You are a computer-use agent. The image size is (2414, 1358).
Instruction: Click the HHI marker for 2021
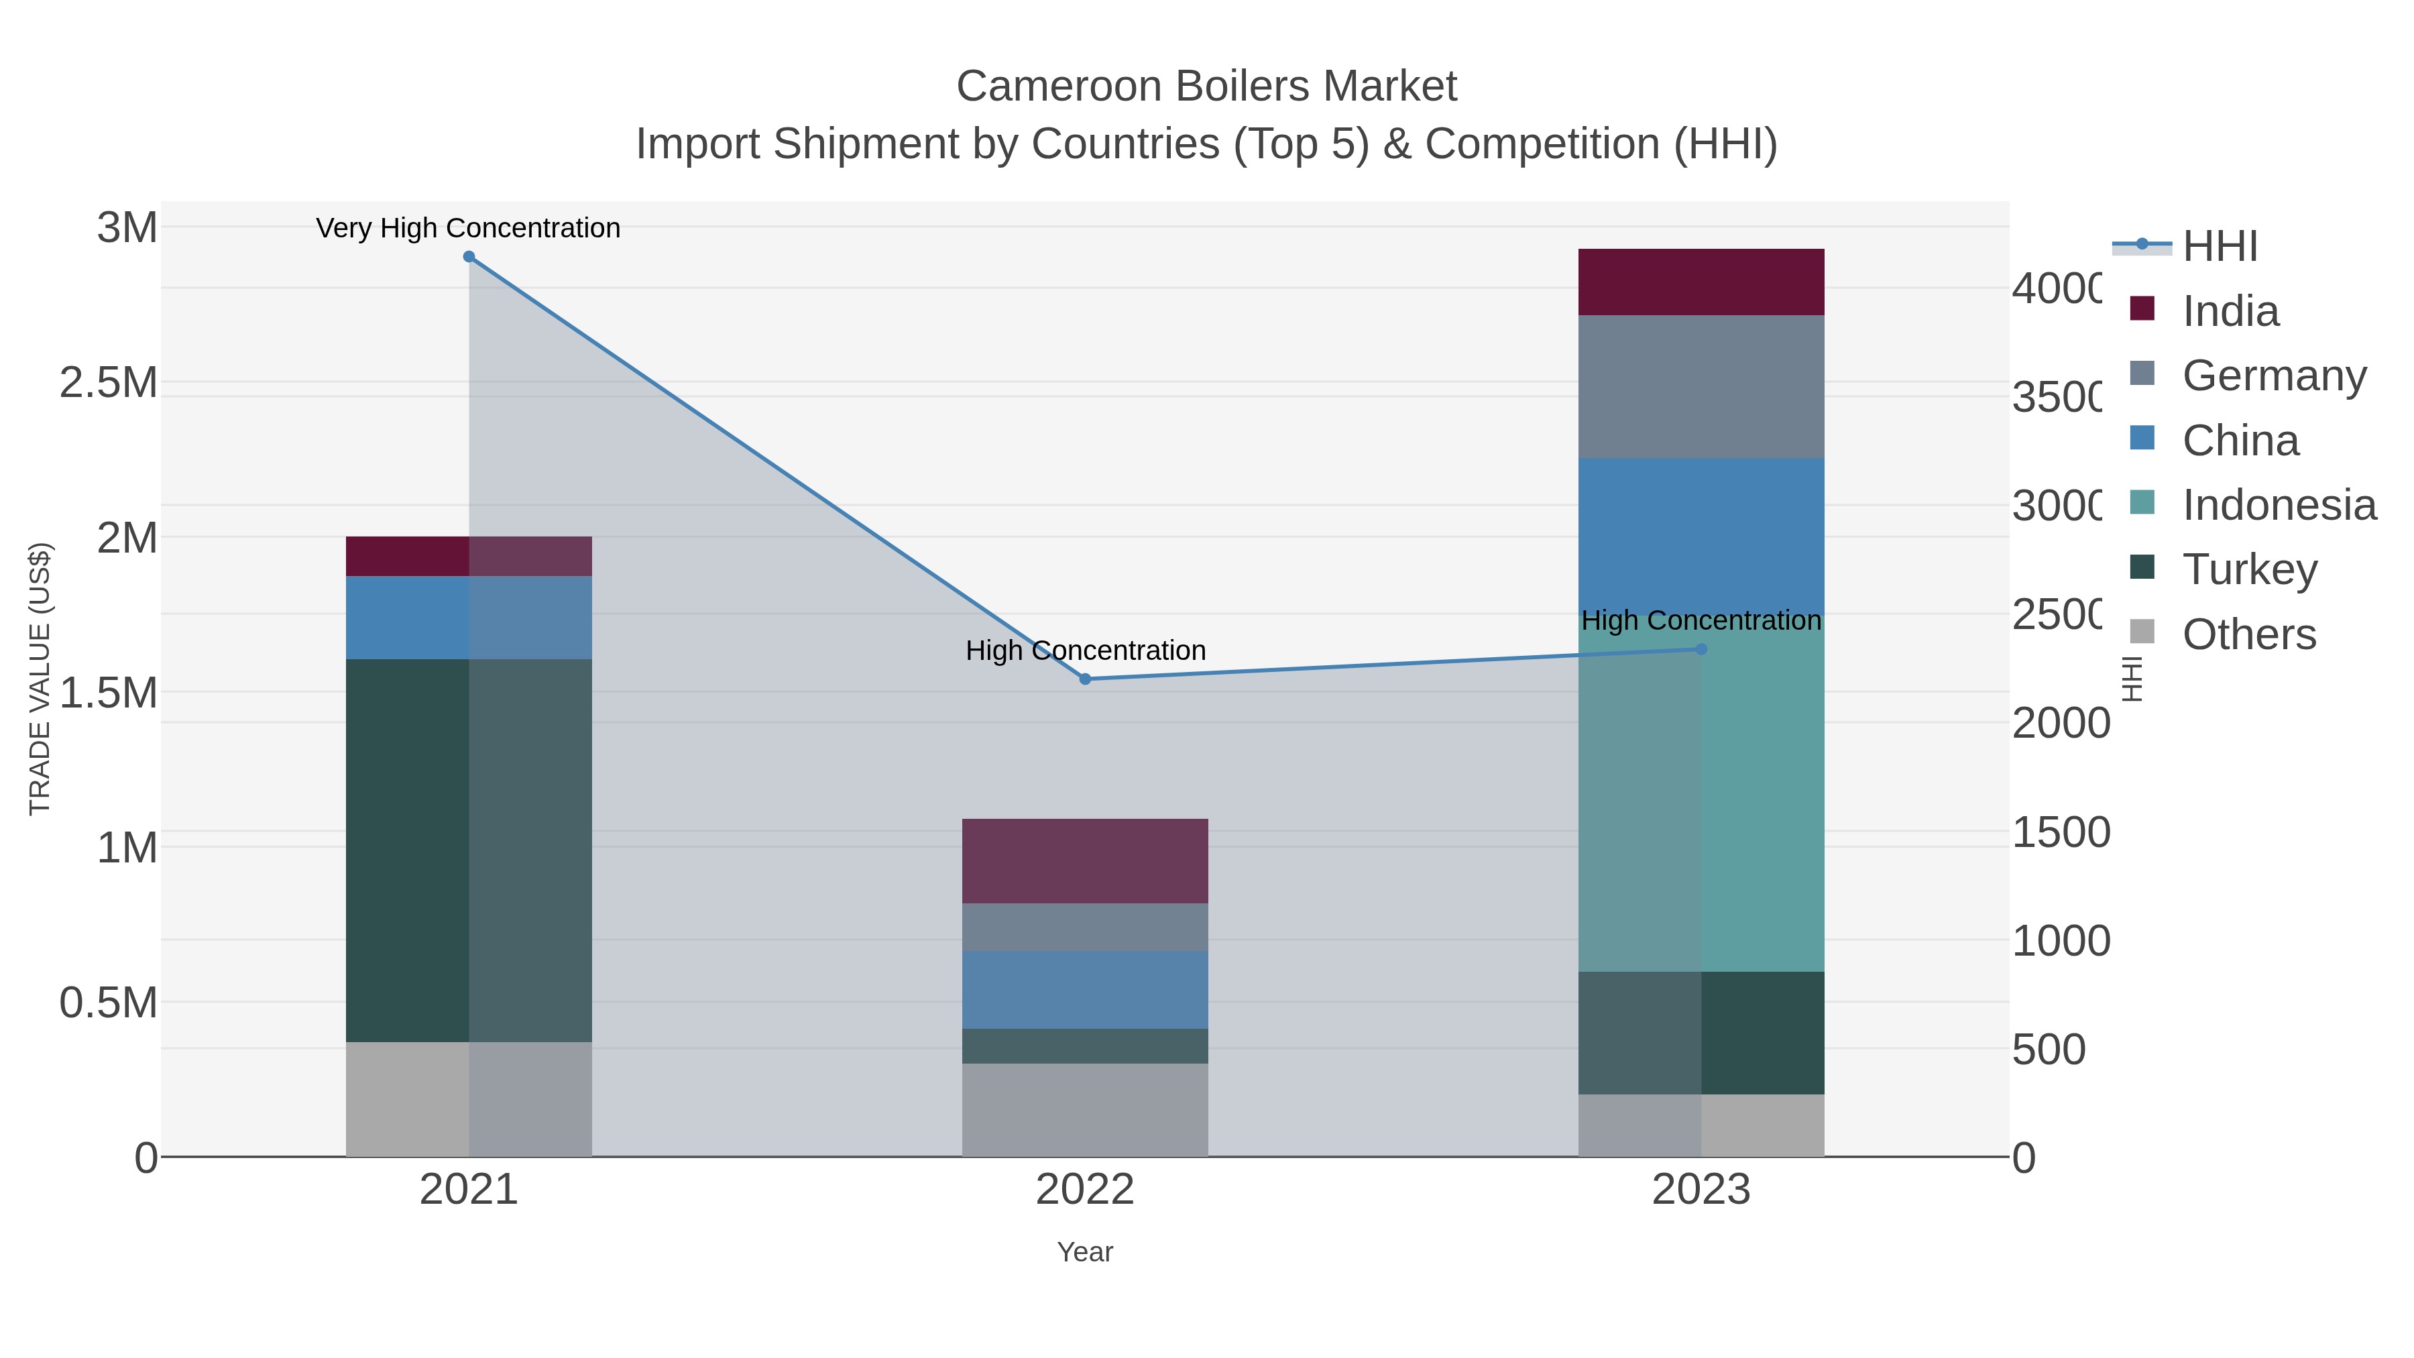coord(469,257)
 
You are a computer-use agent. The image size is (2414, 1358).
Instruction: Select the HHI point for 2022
coord(1085,679)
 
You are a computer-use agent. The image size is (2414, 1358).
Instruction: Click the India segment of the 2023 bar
coord(1701,282)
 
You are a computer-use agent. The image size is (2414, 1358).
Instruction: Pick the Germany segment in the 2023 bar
coord(1701,386)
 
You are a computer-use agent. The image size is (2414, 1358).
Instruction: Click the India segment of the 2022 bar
coord(1085,860)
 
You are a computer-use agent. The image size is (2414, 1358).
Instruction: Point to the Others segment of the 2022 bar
coord(1085,1110)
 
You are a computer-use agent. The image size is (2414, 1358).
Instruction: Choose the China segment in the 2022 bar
coord(1085,990)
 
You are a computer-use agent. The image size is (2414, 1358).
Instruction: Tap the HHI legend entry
coord(2219,247)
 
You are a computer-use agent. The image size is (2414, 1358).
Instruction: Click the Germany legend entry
coord(2273,376)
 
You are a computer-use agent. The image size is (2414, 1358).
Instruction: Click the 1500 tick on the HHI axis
coord(2061,832)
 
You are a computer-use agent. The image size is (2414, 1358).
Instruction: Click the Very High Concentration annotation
coord(469,228)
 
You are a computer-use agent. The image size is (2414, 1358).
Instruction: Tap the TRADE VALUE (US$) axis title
coord(40,679)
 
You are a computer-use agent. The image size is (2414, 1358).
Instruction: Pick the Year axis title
coord(1085,1252)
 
